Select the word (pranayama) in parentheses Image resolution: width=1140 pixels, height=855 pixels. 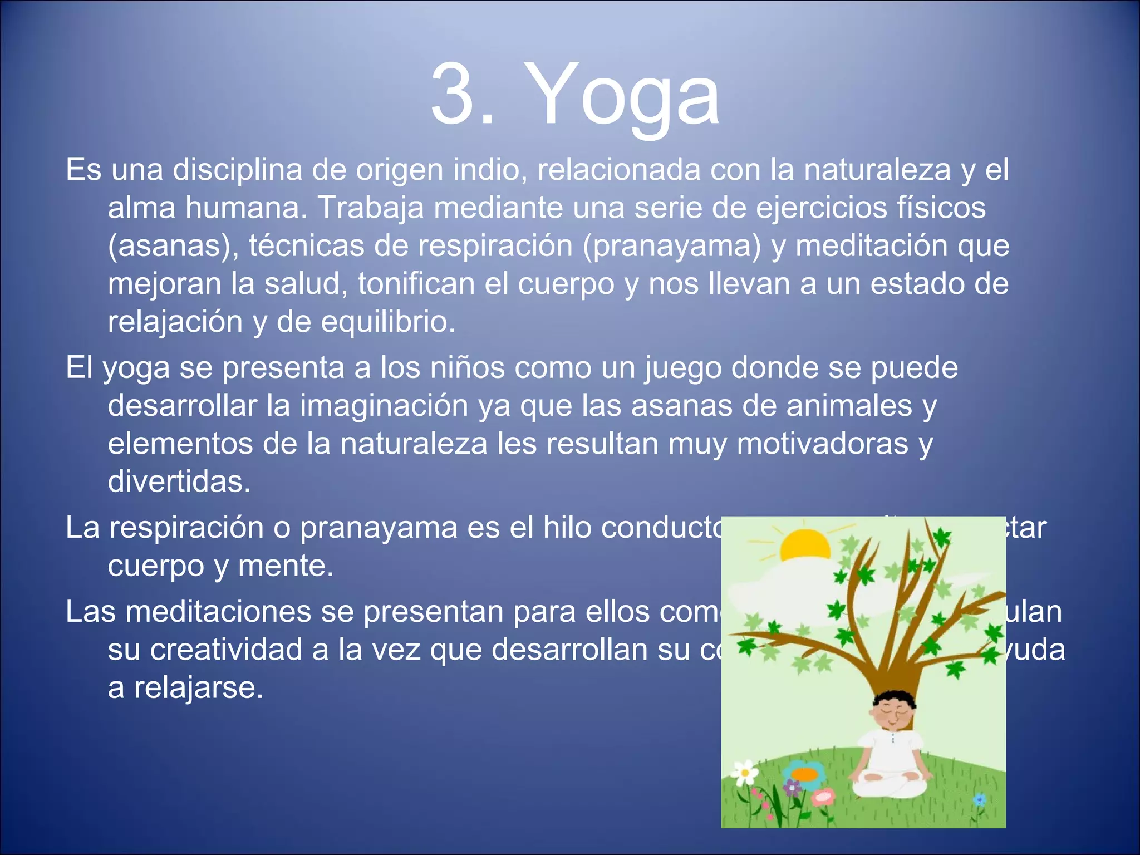coord(671,245)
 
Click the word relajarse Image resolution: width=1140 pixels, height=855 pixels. coord(198,688)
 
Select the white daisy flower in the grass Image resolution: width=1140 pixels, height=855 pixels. coord(745,772)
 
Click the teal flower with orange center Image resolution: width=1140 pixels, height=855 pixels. coord(804,774)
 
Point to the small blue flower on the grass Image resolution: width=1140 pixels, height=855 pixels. coord(979,800)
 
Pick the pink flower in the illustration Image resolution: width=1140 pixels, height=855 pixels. coord(823,798)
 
